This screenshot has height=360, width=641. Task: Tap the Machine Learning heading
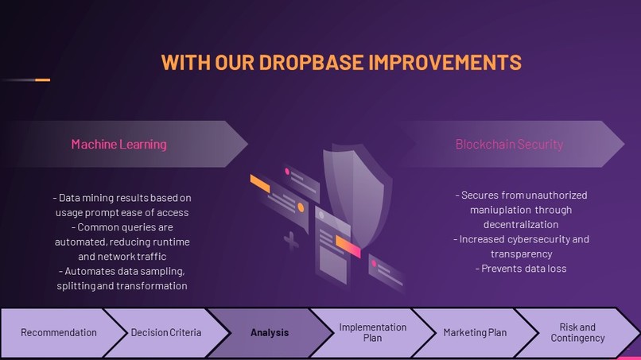click(x=119, y=144)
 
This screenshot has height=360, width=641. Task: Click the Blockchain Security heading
click(x=509, y=144)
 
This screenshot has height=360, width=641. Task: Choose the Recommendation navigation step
click(x=58, y=332)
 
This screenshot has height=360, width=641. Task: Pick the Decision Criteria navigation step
click(x=166, y=332)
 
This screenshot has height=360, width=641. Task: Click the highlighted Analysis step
click(x=270, y=332)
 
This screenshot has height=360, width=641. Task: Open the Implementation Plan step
click(x=372, y=332)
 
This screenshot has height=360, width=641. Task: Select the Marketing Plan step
click(x=475, y=332)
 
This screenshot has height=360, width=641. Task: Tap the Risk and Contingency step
click(x=578, y=332)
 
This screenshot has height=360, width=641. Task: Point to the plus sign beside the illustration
click(x=292, y=241)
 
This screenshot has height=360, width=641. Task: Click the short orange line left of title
click(x=42, y=79)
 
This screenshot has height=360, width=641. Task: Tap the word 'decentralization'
click(x=521, y=224)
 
